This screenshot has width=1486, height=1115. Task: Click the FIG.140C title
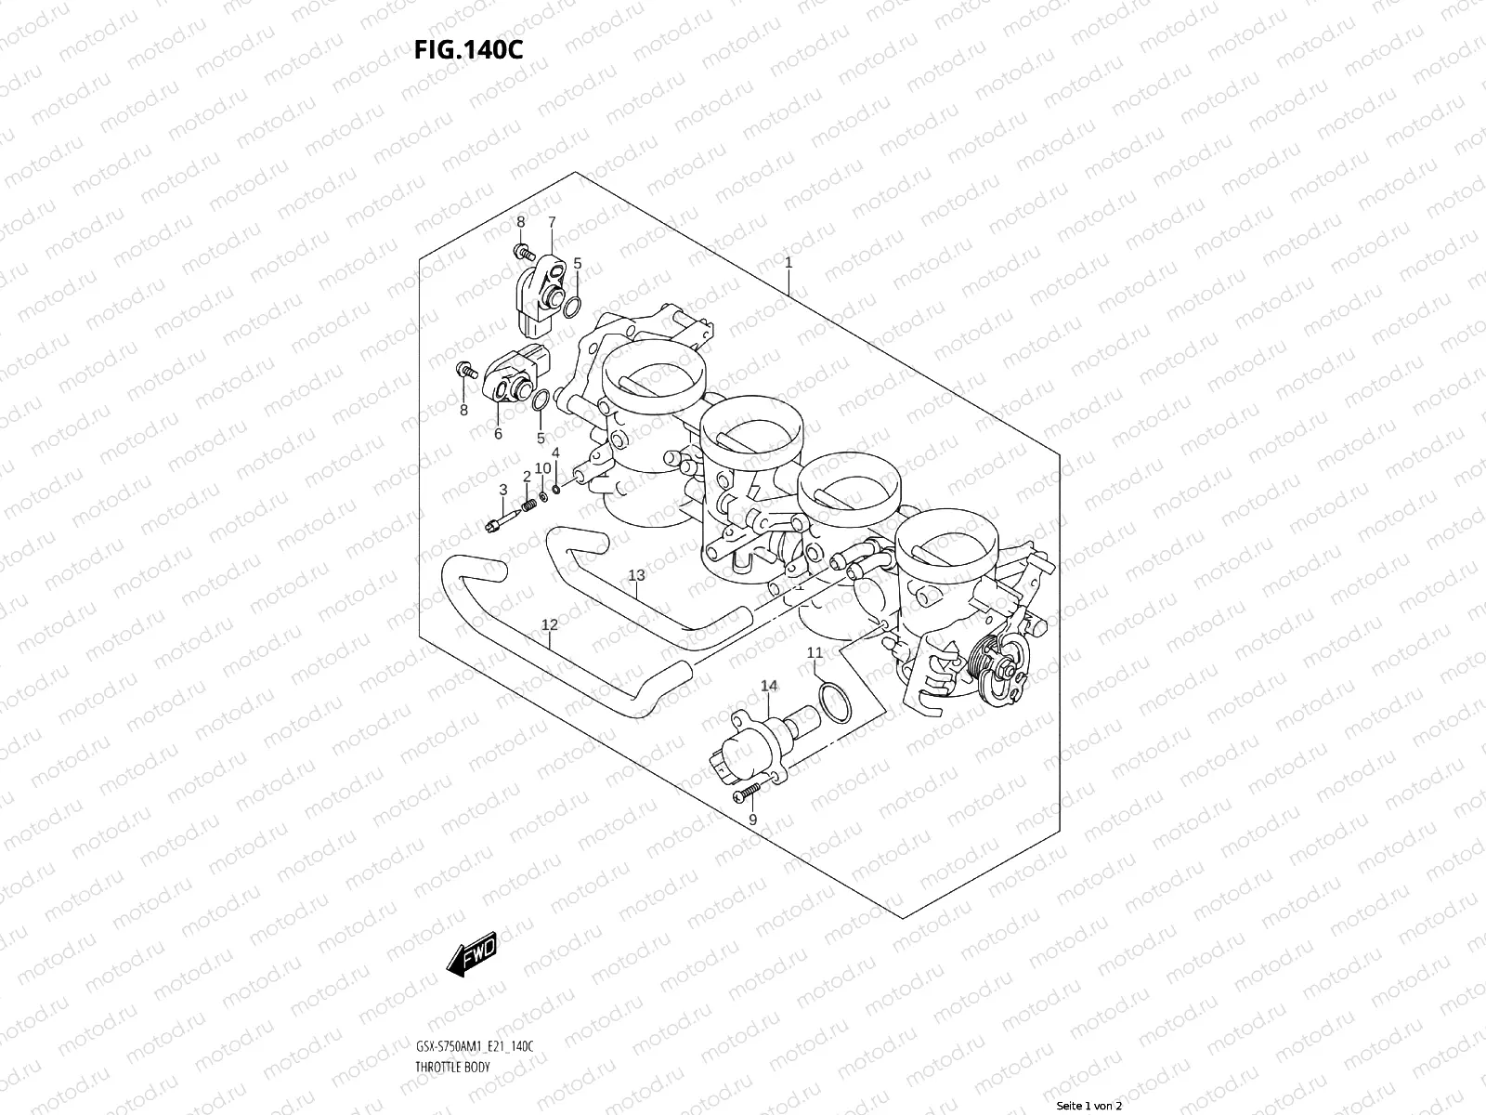468,48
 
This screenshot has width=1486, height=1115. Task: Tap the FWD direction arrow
472,953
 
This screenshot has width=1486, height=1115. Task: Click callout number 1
789,263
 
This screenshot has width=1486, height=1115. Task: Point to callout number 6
498,433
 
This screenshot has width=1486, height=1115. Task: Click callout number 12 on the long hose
550,625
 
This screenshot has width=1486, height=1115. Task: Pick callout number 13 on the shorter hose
635,576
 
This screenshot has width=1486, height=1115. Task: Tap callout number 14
769,686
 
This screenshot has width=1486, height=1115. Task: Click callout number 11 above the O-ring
815,652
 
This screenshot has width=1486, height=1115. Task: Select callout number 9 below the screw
752,819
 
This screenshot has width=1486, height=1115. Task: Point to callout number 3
502,490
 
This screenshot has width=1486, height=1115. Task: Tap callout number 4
555,453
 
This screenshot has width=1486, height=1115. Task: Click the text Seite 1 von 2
1089,1107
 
